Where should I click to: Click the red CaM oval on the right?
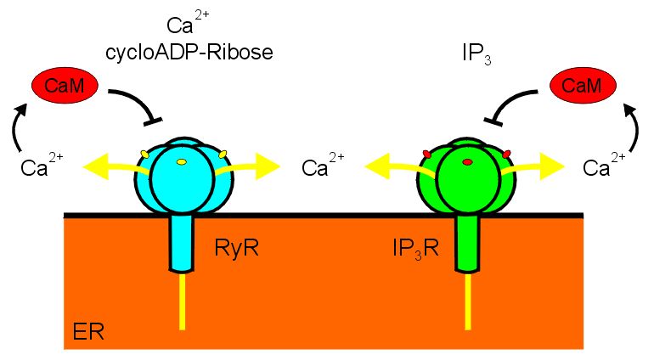[x=583, y=83]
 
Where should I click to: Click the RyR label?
[x=239, y=249]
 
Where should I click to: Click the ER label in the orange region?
[x=86, y=330]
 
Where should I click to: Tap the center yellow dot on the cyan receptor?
[x=181, y=161]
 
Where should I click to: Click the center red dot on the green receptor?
[x=466, y=161]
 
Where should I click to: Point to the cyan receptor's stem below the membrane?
[x=181, y=243]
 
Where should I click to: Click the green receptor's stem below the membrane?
[x=466, y=243]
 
